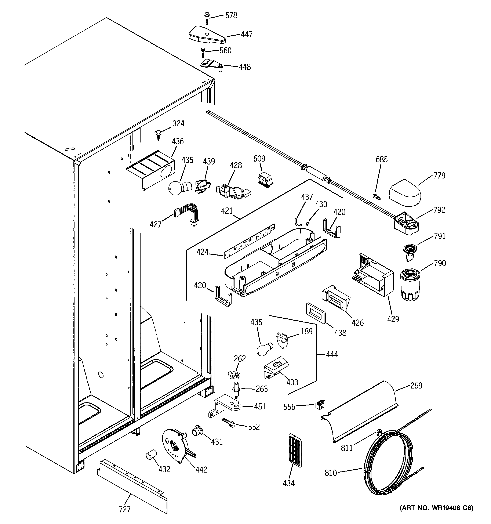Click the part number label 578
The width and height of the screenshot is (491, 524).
[x=231, y=15]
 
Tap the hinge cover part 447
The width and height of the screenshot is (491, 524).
[x=207, y=35]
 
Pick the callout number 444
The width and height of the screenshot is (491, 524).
[x=332, y=355]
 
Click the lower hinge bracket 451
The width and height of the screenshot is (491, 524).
[x=226, y=408]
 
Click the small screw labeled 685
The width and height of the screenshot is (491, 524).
[x=376, y=196]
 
